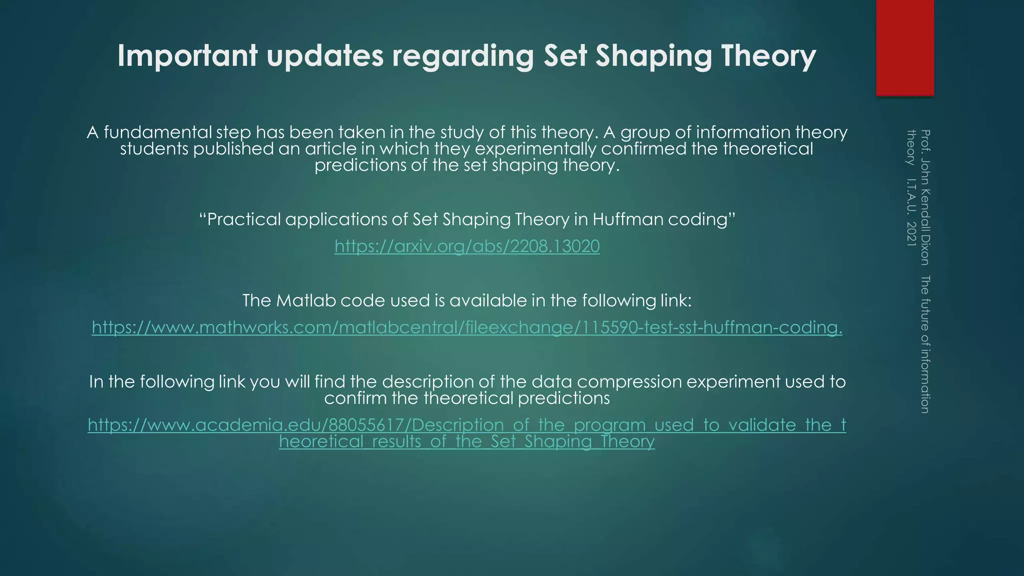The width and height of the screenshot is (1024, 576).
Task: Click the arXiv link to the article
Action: click(467, 246)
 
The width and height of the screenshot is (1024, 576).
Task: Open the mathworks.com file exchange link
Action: click(467, 327)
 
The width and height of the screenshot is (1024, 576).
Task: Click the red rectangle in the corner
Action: click(905, 47)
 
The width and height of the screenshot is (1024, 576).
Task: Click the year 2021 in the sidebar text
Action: click(911, 233)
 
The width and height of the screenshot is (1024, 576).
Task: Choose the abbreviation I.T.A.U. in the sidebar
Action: click(911, 196)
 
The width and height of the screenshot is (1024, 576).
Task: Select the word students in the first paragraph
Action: click(154, 149)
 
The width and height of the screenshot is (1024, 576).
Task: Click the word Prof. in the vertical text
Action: click(924, 140)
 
